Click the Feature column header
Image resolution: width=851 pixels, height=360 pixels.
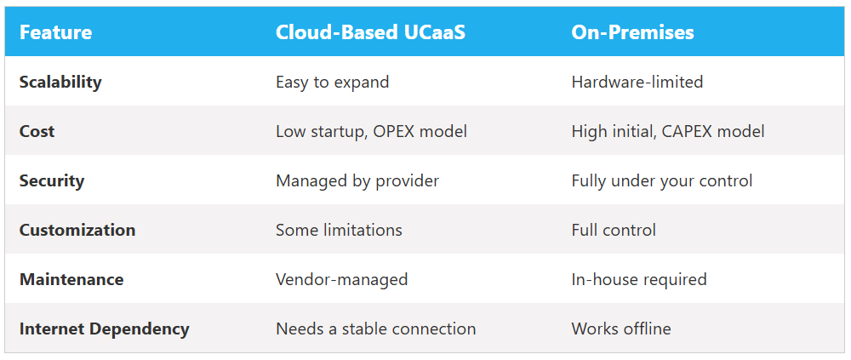tap(56, 32)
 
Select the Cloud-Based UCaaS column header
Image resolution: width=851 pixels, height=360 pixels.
tap(370, 32)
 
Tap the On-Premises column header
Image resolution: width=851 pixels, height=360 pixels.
tap(632, 33)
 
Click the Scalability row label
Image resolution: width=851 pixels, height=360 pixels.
tap(60, 83)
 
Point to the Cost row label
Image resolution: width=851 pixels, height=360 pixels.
tap(37, 131)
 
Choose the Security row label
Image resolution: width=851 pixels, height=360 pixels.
tap(52, 180)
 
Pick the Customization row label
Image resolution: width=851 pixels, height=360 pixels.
tap(77, 231)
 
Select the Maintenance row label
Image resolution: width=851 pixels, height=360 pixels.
tap(71, 280)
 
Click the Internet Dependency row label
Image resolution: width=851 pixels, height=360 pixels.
tap(104, 329)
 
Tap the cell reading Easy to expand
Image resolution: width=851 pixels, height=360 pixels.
tap(332, 83)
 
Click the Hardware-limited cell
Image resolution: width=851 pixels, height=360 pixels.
tap(637, 82)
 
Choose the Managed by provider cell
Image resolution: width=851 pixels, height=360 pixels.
tap(357, 180)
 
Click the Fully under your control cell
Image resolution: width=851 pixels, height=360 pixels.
tap(661, 180)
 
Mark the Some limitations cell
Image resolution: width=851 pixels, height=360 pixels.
tap(339, 231)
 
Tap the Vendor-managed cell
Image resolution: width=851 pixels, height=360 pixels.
tap(341, 280)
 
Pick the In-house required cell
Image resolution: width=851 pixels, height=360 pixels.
tap(639, 280)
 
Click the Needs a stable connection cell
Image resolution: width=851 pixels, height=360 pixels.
tap(375, 329)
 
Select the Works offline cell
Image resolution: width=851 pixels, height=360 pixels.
tap(621, 329)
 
